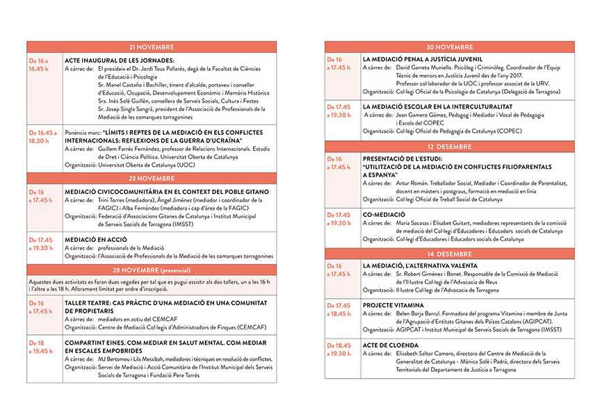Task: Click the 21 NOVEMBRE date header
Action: tap(151, 47)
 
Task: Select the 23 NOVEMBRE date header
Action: tap(151, 179)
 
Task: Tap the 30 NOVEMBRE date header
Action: tap(449, 47)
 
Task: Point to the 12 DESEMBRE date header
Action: tap(449, 147)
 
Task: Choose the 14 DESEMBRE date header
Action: tap(449, 254)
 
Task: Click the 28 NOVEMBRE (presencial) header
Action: tap(151, 269)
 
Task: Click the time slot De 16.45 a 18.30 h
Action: tap(42, 136)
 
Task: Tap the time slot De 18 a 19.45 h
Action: tap(41, 347)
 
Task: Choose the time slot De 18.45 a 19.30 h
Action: tap(341, 350)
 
